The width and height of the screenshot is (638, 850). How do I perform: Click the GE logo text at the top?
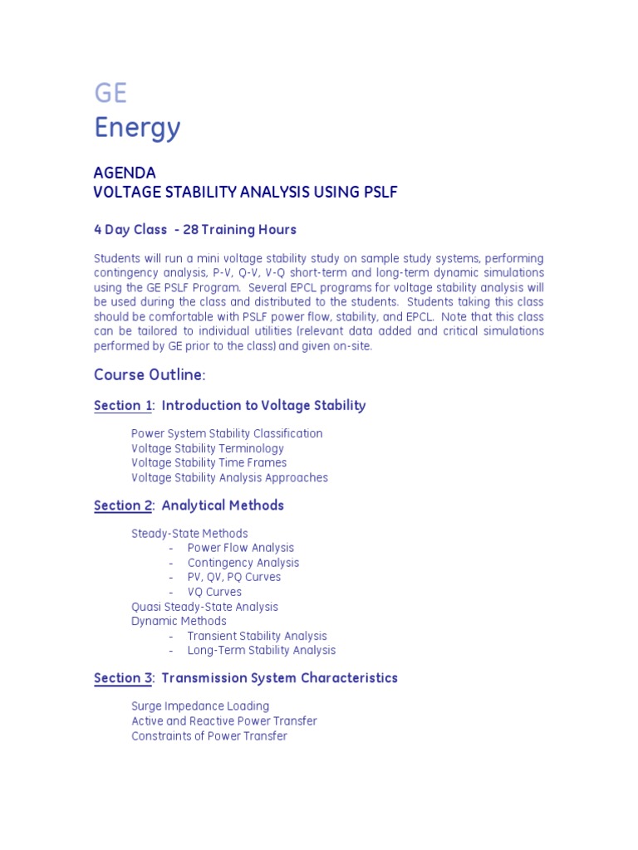[x=110, y=93]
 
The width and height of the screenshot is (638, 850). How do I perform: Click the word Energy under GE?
[x=137, y=128]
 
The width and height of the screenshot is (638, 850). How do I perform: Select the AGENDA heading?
[x=125, y=173]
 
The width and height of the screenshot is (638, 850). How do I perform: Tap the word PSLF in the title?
[x=380, y=193]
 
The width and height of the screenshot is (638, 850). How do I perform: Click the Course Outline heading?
[x=149, y=374]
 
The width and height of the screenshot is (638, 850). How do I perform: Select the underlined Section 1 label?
[x=123, y=406]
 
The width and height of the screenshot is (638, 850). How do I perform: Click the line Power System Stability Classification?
[x=227, y=433]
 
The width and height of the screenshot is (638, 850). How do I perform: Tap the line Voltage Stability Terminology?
[x=208, y=448]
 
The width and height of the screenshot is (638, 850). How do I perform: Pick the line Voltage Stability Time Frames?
[x=209, y=462]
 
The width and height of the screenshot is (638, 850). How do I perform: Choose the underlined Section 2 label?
[x=123, y=506]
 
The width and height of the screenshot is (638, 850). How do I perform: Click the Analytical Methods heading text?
[x=223, y=506]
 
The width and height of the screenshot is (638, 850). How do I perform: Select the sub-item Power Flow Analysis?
[x=241, y=548]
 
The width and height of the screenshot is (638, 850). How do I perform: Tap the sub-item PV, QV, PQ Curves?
[x=234, y=577]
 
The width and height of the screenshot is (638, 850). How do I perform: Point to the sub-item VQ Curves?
[x=214, y=592]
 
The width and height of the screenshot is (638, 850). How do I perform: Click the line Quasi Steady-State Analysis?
[x=204, y=607]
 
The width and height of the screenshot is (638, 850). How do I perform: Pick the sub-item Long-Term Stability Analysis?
[x=262, y=651]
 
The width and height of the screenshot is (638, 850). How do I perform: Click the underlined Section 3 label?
[x=123, y=678]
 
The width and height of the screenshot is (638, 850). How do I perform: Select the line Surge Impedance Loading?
[x=200, y=706]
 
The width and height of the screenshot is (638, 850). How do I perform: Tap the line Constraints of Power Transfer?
[x=209, y=736]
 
